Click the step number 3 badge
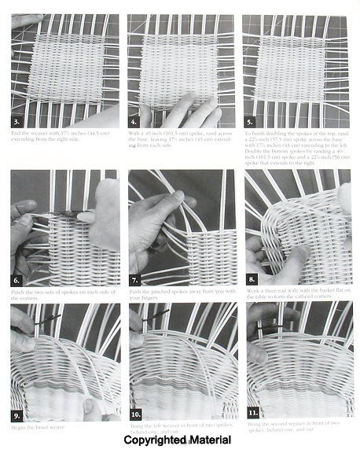tap(18, 122)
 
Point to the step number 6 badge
tap(18, 279)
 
